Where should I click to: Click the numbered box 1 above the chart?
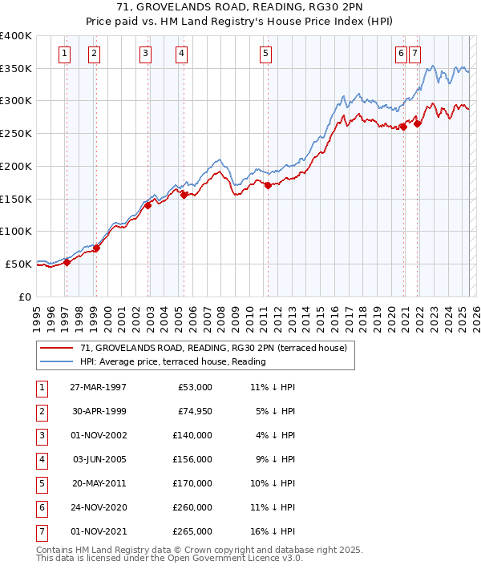point(64,54)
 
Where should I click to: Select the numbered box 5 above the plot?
point(265,54)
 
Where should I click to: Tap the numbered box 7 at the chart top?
point(414,54)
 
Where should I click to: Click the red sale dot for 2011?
point(268,186)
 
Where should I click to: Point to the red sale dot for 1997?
point(67,261)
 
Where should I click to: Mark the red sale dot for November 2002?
point(148,205)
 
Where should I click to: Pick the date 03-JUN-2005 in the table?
point(99,459)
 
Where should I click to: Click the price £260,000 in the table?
point(193,507)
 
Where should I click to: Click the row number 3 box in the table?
point(41,435)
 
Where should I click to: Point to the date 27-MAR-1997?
point(98,387)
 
